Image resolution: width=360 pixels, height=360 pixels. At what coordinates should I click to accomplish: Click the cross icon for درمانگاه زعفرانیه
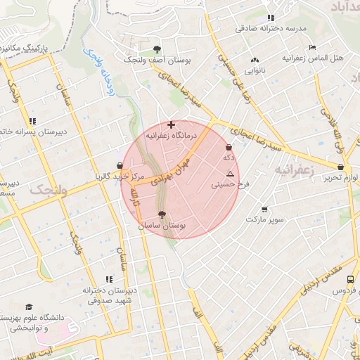171,124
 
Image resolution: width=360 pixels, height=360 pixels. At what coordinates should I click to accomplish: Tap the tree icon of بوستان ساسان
162,214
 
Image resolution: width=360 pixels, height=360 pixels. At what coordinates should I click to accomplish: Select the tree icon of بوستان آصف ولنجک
156,49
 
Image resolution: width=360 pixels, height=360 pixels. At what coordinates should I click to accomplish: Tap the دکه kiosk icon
229,148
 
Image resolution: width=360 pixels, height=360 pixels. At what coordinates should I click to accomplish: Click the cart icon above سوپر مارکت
264,210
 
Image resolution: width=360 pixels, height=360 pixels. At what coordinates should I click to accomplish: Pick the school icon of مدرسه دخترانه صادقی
271,18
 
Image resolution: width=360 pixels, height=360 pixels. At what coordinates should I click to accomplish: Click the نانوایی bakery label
255,70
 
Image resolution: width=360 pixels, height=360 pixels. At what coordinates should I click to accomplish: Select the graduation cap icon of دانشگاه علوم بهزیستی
29,307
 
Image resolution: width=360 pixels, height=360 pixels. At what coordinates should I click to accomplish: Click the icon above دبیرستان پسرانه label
32,121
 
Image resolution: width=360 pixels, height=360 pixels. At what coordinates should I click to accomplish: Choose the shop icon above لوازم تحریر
341,167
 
